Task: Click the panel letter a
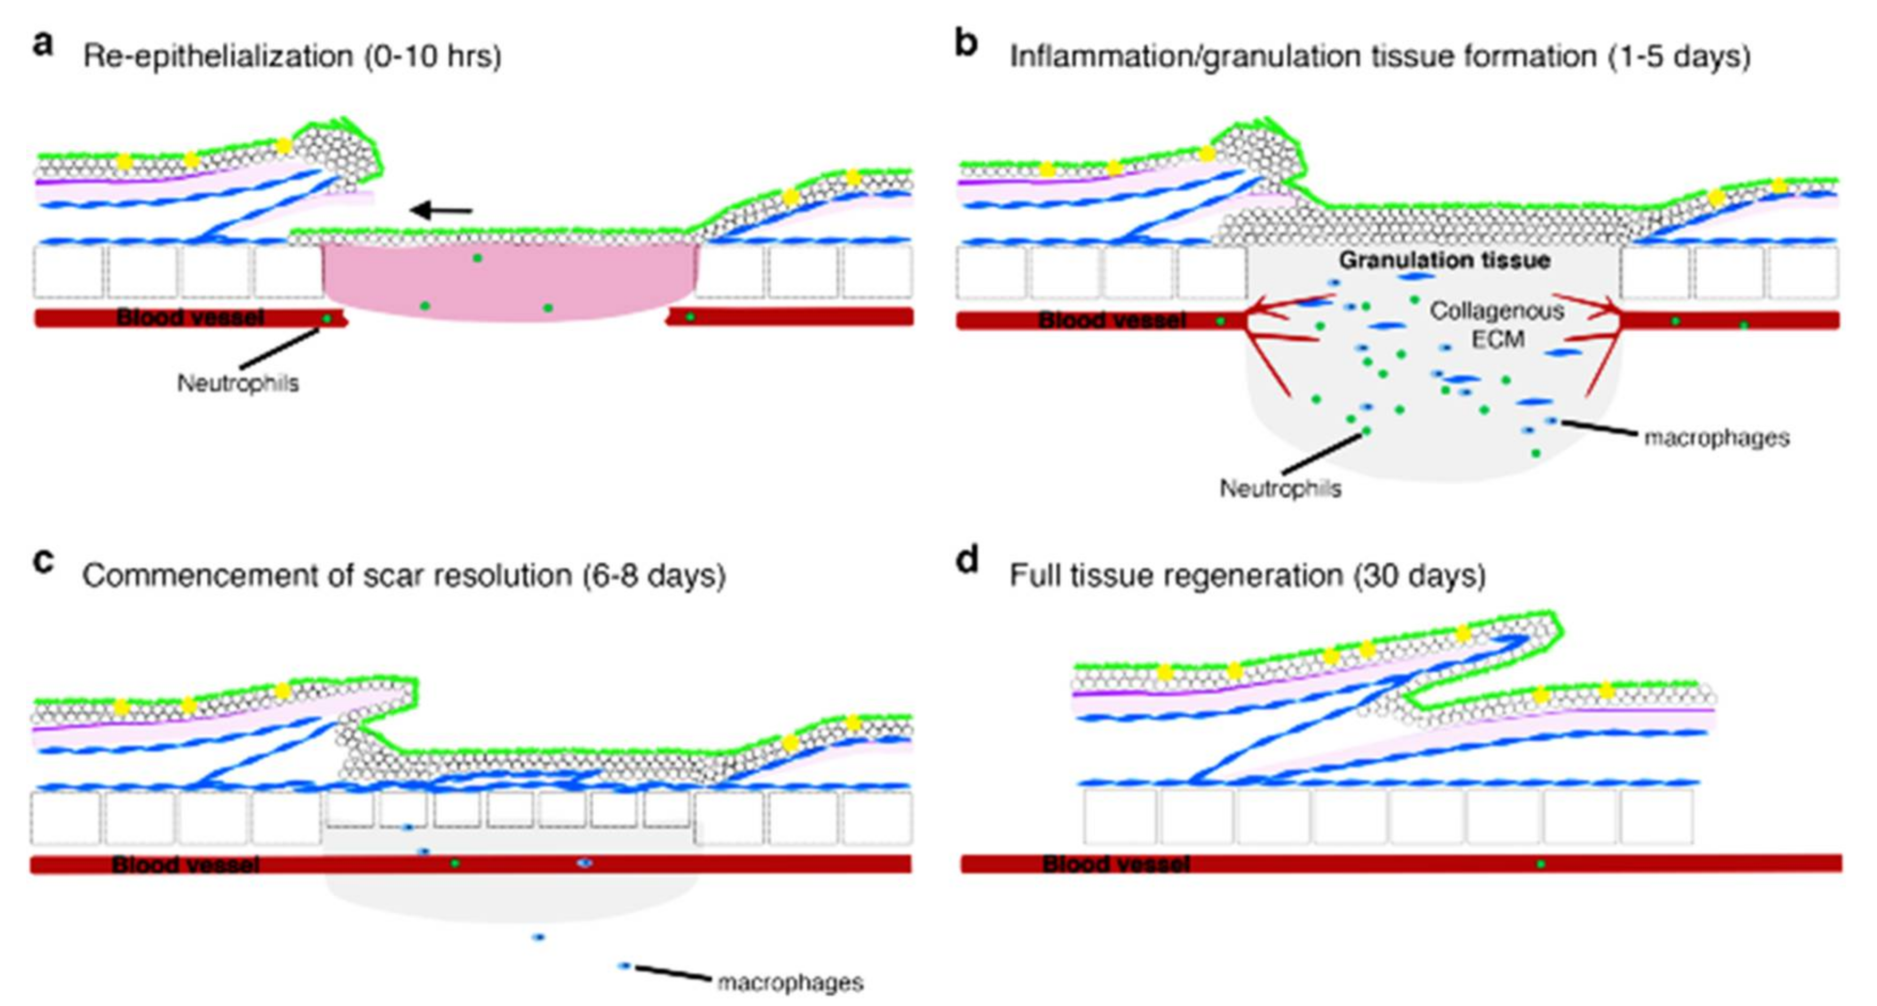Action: (43, 45)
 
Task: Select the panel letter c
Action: (43, 562)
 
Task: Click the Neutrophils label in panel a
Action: (238, 383)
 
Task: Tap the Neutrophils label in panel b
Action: (1280, 488)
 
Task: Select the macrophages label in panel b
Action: (1717, 438)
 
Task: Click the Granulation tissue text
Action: (1444, 260)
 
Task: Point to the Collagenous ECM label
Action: (1497, 325)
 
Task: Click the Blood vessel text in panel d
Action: (1116, 864)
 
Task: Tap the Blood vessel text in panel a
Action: (190, 318)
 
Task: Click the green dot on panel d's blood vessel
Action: (1540, 864)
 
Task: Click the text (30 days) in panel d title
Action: (1420, 576)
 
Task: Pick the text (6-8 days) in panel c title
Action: (653, 576)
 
